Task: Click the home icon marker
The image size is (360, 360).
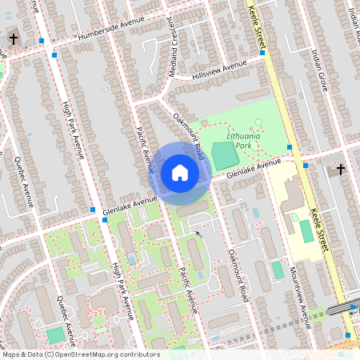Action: pos(180,173)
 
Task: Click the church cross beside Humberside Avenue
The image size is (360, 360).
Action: pos(13,38)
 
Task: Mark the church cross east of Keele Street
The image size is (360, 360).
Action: pos(341,169)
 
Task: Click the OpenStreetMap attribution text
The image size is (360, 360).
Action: pos(80,354)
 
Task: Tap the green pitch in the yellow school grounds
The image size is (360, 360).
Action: pos(306,232)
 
